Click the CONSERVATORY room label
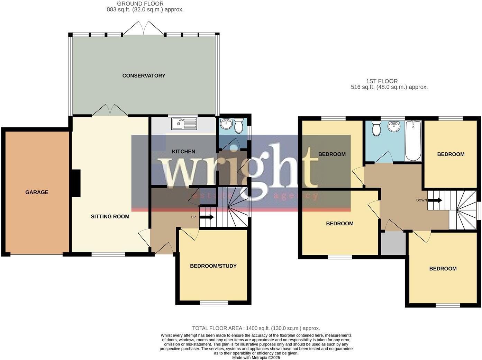[x=144, y=75]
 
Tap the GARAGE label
[x=37, y=192]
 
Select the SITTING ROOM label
[x=110, y=216]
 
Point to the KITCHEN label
[x=184, y=151]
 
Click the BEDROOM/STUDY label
[x=213, y=266]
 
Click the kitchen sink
[x=184, y=124]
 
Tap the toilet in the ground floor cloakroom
[x=239, y=126]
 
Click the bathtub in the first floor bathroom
[x=413, y=141]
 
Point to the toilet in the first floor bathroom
[x=376, y=129]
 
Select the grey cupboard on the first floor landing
[x=393, y=243]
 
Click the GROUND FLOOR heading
[x=140, y=4]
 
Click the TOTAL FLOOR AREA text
[x=256, y=328]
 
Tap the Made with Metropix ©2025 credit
[x=256, y=358]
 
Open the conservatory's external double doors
[x=144, y=28]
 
